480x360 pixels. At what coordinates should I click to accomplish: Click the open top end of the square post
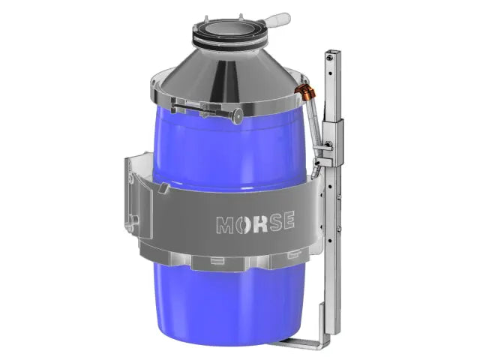328,55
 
